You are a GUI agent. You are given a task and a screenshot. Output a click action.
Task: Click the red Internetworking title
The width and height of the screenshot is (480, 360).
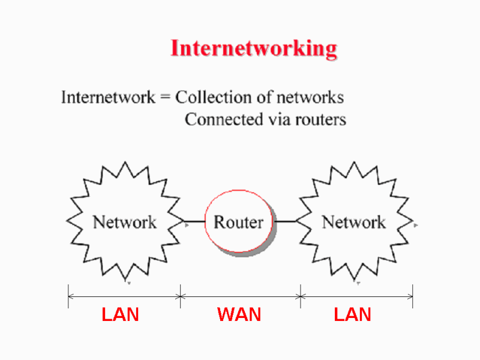pyautogui.click(x=254, y=48)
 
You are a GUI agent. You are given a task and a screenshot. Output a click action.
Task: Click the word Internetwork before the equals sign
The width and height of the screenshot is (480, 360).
pyautogui.click(x=108, y=97)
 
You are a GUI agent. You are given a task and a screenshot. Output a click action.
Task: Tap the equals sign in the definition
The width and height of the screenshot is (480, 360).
pyautogui.click(x=165, y=98)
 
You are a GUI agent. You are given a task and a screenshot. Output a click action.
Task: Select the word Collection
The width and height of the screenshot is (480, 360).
pyautogui.click(x=210, y=97)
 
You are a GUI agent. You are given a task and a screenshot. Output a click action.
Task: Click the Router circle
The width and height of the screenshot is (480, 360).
pyautogui.click(x=238, y=222)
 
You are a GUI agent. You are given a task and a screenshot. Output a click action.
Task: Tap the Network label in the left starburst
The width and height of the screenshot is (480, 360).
pyautogui.click(x=124, y=222)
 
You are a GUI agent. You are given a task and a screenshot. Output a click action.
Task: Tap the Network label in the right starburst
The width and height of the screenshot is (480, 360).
pyautogui.click(x=354, y=222)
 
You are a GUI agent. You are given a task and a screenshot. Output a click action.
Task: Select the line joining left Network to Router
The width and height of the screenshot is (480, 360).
pyautogui.click(x=193, y=221)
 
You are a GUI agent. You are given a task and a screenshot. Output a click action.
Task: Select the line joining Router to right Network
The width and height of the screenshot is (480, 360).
pyautogui.click(x=286, y=221)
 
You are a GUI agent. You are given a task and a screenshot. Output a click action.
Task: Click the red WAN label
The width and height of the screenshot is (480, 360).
pyautogui.click(x=239, y=314)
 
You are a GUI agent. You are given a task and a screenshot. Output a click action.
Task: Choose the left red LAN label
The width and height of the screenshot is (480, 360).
pyautogui.click(x=120, y=314)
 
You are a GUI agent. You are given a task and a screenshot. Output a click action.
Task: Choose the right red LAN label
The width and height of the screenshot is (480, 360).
pyautogui.click(x=352, y=314)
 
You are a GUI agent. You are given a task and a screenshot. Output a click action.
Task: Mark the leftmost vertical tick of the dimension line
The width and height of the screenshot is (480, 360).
pyautogui.click(x=68, y=296)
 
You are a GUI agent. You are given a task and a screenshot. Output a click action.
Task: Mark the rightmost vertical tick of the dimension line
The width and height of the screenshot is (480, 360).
pyautogui.click(x=413, y=296)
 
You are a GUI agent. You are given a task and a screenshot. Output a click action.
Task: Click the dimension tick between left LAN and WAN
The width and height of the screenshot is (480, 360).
pyautogui.click(x=181, y=296)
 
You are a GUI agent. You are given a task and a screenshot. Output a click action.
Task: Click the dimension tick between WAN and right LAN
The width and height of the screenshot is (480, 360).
pyautogui.click(x=301, y=296)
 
